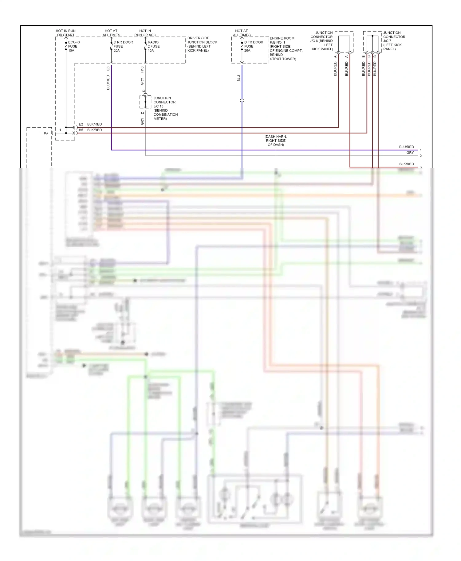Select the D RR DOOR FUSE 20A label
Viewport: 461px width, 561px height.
[x=123, y=46]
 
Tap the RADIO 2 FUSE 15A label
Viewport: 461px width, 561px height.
[x=153, y=46]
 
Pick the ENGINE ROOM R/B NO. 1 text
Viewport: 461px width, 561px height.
[x=282, y=40]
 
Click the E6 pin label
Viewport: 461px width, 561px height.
[x=108, y=68]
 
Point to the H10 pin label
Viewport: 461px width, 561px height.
[x=142, y=69]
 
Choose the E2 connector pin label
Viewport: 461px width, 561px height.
[x=81, y=124]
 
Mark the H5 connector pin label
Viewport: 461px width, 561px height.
[x=81, y=130]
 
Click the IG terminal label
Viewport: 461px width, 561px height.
[x=46, y=133]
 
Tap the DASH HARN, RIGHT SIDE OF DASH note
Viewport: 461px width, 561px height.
[x=276, y=141]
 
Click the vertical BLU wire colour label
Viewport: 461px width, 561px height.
[x=238, y=78]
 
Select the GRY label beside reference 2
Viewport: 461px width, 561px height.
[x=410, y=153]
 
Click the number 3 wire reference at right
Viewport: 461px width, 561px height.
[x=421, y=167]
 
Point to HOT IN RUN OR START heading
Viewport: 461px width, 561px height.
[x=65, y=33]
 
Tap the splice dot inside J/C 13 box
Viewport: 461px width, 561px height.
[x=145, y=102]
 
